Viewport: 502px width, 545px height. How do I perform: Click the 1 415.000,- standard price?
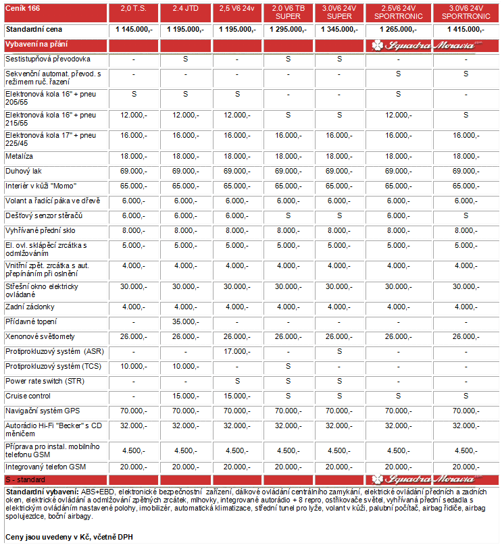point(466,30)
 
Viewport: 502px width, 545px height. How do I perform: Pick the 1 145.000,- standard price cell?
point(134,30)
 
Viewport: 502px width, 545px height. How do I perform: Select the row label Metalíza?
point(20,156)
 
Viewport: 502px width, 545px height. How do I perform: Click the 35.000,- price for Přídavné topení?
point(184,321)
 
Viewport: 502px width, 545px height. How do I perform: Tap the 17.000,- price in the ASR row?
point(236,351)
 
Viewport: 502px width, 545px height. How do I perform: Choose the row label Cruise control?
point(28,396)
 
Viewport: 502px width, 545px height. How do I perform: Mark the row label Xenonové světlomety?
point(40,336)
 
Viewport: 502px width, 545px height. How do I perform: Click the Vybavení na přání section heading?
point(34,43)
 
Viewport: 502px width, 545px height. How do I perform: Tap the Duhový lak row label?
point(24,171)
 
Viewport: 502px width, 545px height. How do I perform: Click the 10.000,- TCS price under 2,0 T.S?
point(134,366)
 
